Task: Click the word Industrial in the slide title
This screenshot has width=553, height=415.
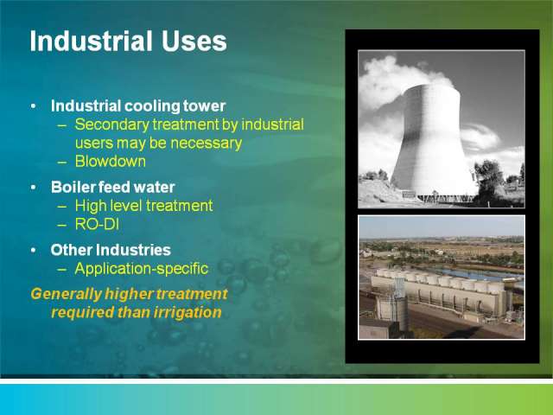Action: pos(91,41)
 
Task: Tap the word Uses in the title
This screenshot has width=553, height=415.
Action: pos(194,41)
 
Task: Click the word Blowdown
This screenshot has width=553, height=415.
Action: pos(111,162)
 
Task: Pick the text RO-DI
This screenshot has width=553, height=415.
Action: pos(97,224)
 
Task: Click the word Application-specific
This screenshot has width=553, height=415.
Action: pos(142,269)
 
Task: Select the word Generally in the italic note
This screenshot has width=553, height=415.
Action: pos(66,294)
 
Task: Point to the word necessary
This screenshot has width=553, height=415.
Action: pos(207,144)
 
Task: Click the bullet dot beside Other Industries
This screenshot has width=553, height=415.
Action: pos(33,250)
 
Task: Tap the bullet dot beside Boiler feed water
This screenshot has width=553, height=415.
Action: pos(33,188)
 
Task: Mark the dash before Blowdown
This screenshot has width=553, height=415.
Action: pos(62,162)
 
